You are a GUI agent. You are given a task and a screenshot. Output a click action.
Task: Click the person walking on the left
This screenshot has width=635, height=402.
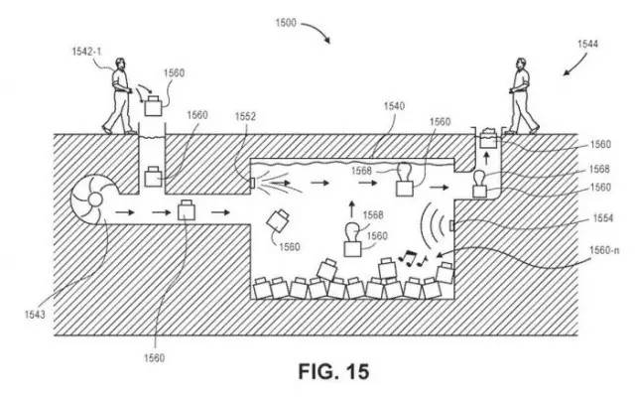coord(119,97)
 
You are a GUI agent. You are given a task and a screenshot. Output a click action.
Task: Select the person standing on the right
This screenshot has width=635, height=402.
coord(522,96)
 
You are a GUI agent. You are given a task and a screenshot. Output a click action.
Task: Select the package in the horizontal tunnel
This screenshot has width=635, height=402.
coord(187,211)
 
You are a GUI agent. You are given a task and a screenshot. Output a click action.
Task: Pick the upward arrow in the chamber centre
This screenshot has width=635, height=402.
coord(350,209)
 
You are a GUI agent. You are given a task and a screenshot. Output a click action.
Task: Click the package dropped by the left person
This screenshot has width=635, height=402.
coord(154,101)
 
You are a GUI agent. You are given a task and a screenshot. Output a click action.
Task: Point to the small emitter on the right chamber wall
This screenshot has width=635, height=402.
coord(451,226)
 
